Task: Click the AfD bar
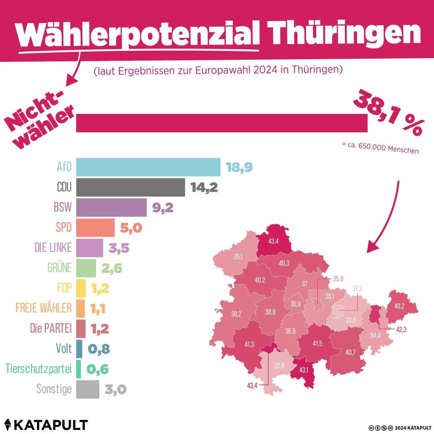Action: pos(148,167)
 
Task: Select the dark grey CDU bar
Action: pos(131,187)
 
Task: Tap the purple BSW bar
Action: pos(111,208)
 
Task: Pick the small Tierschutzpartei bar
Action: pos(79,369)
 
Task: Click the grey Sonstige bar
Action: pos(87,389)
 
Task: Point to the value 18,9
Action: pos(239,167)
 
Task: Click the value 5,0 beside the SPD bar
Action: pos(131,228)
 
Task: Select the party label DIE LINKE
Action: pos(53,248)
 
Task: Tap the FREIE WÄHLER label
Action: pos(44,308)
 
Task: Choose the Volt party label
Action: pos(64,349)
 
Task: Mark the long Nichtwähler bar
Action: pos(222,123)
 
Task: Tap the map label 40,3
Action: pos(284,263)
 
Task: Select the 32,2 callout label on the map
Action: pos(357,289)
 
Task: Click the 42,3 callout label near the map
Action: pos(401,330)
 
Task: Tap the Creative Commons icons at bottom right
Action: pos(381,428)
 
